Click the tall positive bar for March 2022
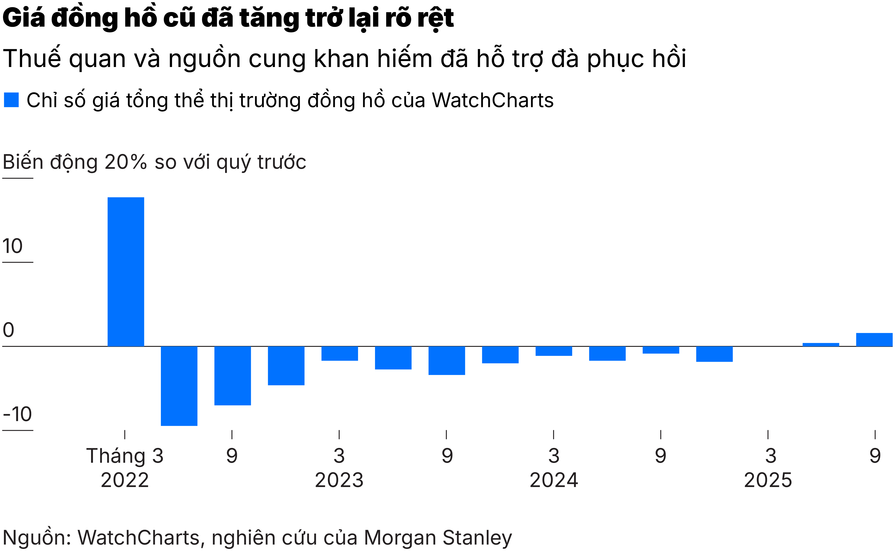click(x=126, y=271)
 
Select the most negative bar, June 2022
click(x=179, y=386)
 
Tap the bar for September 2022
click(x=232, y=375)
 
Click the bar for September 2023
click(x=447, y=360)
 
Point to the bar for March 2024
click(x=553, y=351)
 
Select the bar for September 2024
click(x=661, y=350)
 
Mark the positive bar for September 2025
click(x=874, y=340)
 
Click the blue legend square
click(x=11, y=100)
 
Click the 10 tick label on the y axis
click(x=12, y=246)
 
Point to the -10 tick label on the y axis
click(x=17, y=414)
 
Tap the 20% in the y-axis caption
click(x=126, y=162)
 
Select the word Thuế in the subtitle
click(x=32, y=58)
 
